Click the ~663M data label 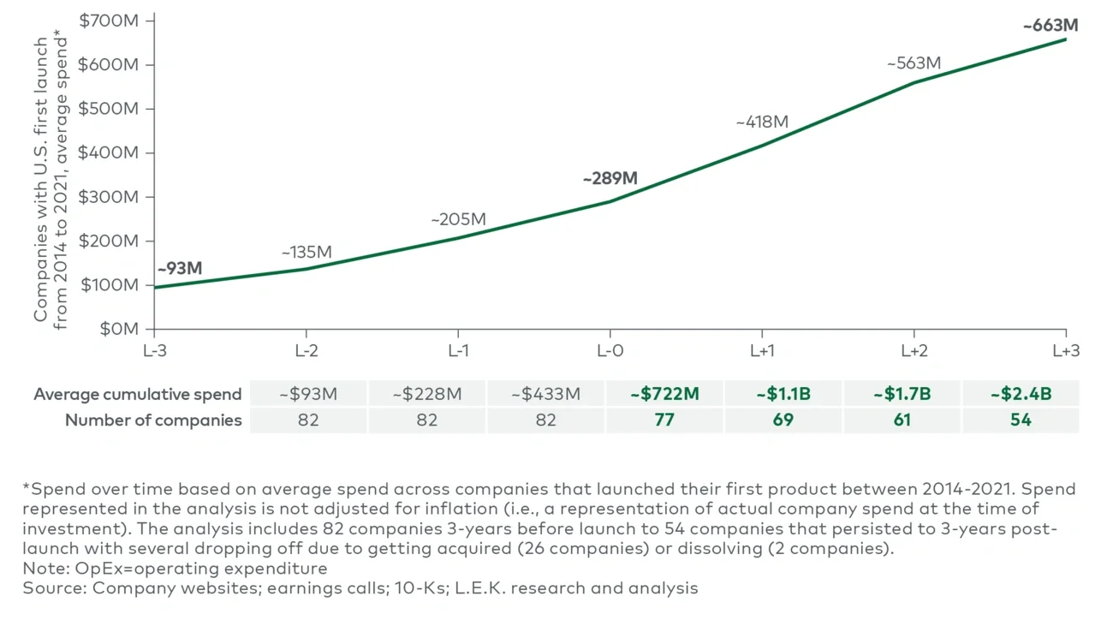click(1050, 26)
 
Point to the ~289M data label click(610, 179)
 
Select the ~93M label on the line click(180, 268)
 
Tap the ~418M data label click(761, 122)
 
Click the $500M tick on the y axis click(108, 109)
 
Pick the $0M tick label click(119, 329)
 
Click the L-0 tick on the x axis click(610, 351)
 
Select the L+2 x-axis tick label click(914, 351)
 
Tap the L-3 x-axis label click(155, 351)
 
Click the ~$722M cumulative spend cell click(664, 394)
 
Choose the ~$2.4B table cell click(1021, 394)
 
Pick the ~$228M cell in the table click(426, 394)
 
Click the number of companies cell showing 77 click(664, 420)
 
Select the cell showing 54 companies click(1021, 420)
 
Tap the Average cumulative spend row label click(138, 394)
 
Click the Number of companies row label click(153, 420)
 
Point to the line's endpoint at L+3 click(1066, 39)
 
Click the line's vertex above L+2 click(914, 82)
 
